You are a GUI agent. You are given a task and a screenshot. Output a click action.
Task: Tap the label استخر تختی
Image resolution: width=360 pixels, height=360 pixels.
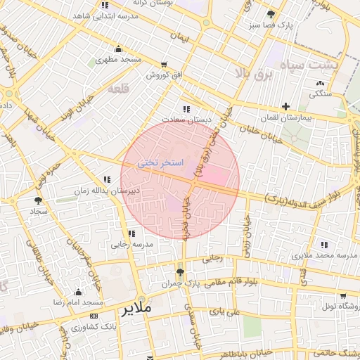tap(160, 163)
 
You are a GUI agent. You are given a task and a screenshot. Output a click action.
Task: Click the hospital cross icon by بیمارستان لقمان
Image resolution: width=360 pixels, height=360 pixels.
tap(285, 105)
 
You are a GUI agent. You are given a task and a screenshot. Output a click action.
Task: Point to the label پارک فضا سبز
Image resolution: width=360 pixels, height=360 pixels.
tap(273, 25)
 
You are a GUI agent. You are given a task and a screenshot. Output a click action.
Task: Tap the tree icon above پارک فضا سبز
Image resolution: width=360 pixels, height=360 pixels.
tap(271, 14)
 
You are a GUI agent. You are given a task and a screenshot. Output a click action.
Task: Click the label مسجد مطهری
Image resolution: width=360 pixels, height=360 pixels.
tap(118, 61)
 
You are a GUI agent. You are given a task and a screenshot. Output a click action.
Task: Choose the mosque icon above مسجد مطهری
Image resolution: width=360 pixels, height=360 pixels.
tap(118, 49)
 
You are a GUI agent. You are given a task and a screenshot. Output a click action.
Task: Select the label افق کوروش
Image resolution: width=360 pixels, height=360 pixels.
tap(165, 75)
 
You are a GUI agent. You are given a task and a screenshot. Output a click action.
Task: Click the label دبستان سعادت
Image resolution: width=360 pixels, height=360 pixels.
tap(185, 120)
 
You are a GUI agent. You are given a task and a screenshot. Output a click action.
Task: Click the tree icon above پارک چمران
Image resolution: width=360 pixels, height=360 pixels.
tap(181, 272)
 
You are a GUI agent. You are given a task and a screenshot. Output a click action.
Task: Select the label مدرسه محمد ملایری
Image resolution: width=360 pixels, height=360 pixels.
tap(324, 256)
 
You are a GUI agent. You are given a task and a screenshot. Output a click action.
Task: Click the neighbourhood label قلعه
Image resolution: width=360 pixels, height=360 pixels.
tap(117, 90)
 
